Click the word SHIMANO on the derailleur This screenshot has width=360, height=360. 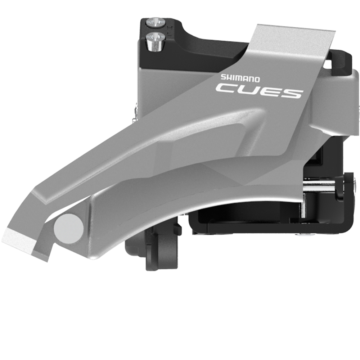click(x=240, y=78)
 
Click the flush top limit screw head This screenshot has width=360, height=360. click(x=156, y=22)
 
